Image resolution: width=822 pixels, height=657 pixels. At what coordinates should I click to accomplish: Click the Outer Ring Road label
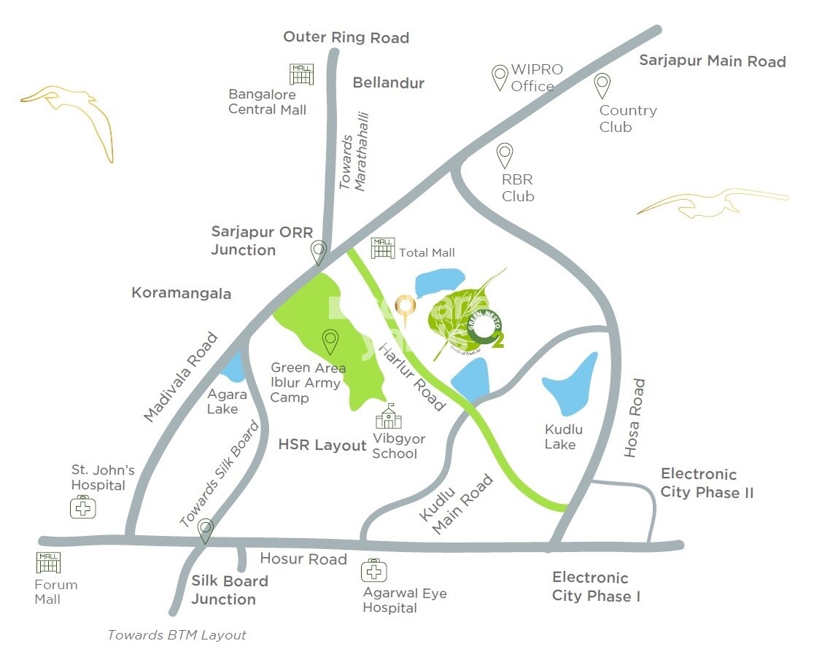[346, 37]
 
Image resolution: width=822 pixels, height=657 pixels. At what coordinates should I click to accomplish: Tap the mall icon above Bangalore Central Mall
[301, 74]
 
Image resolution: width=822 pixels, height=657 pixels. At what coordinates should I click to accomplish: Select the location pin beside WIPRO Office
[500, 77]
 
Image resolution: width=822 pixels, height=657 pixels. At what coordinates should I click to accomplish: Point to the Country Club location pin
[602, 85]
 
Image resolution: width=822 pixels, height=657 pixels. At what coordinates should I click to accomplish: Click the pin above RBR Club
[505, 155]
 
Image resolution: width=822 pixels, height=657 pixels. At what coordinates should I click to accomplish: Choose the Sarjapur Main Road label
[712, 61]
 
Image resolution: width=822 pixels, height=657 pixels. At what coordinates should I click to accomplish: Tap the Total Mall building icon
[383, 248]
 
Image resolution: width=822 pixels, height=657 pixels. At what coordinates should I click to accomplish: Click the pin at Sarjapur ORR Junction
[318, 252]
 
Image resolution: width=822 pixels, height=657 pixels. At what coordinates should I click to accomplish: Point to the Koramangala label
[181, 293]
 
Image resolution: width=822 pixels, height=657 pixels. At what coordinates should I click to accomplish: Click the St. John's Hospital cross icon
[83, 507]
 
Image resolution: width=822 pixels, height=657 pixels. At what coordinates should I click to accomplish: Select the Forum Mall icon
[48, 562]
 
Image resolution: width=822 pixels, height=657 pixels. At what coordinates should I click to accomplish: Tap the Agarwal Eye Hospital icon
[373, 570]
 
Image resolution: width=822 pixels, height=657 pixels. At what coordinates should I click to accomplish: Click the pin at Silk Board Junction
[206, 531]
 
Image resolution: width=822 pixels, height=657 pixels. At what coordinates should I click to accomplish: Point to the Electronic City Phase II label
[707, 483]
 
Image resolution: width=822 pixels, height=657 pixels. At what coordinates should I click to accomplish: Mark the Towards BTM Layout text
[177, 635]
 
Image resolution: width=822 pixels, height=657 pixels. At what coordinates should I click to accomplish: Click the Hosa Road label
[635, 418]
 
